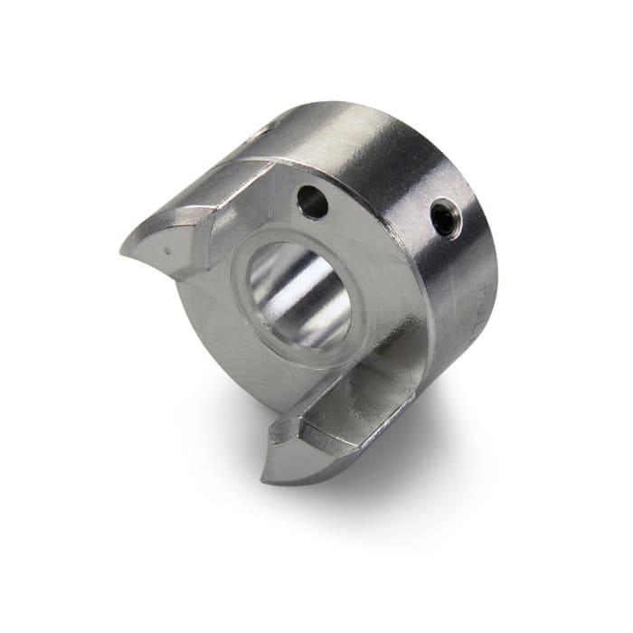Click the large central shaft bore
click(x=298, y=294)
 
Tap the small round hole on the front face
click(x=312, y=202)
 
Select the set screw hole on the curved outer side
click(x=445, y=220)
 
